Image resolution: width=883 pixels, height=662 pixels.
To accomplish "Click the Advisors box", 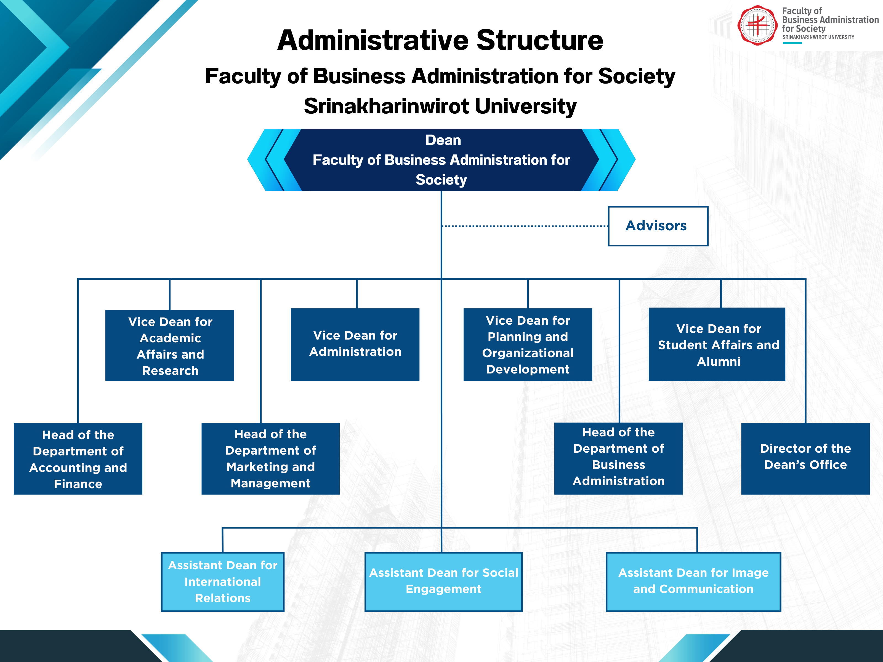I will click(658, 226).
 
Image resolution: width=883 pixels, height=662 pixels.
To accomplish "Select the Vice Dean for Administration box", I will click(355, 344).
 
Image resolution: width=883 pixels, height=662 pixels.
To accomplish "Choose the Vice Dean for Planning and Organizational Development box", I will click(527, 344).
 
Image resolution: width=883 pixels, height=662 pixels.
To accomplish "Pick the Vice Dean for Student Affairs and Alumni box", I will click(717, 344).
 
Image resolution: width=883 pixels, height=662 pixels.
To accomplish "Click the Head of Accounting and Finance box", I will click(78, 459).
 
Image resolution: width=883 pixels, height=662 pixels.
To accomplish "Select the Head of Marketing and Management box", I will click(270, 459).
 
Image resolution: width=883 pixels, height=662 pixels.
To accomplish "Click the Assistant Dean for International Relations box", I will click(222, 582).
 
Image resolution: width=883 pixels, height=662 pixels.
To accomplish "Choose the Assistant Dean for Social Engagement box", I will click(443, 582).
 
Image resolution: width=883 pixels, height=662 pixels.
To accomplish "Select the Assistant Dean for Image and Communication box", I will click(693, 582).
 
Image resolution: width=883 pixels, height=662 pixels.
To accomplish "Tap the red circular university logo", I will click(757, 25).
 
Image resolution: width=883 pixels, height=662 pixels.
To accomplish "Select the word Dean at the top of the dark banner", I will click(443, 140).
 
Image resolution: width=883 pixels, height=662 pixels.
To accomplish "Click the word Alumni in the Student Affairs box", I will click(719, 362).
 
